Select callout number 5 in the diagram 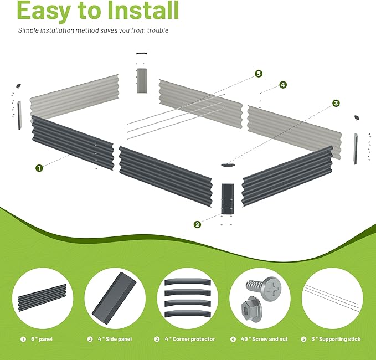(x=259, y=74)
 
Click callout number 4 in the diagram (x=283, y=85)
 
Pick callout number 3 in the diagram (x=336, y=103)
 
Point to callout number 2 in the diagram (x=197, y=224)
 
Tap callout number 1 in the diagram (x=39, y=168)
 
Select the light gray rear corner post (x=142, y=81)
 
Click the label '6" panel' (x=42, y=339)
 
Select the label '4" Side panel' (x=115, y=339)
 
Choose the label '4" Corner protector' (x=190, y=339)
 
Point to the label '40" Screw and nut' (x=264, y=339)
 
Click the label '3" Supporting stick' (x=336, y=339)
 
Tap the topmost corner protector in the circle (x=188, y=281)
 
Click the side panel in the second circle (x=114, y=299)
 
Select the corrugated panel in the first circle (x=42, y=297)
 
